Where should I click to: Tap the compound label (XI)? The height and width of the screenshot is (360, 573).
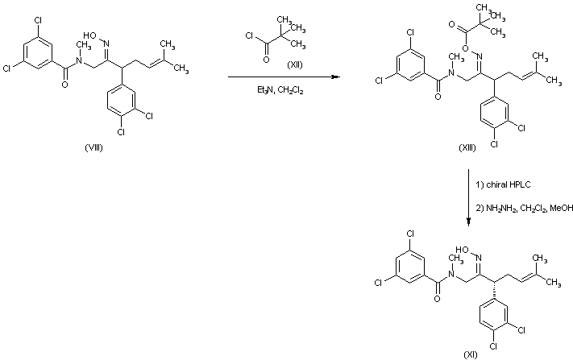click(469, 354)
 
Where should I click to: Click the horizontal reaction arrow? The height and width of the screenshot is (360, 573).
click(282, 77)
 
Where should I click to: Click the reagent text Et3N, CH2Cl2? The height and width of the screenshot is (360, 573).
click(280, 90)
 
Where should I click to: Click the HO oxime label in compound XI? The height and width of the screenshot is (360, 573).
click(463, 250)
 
